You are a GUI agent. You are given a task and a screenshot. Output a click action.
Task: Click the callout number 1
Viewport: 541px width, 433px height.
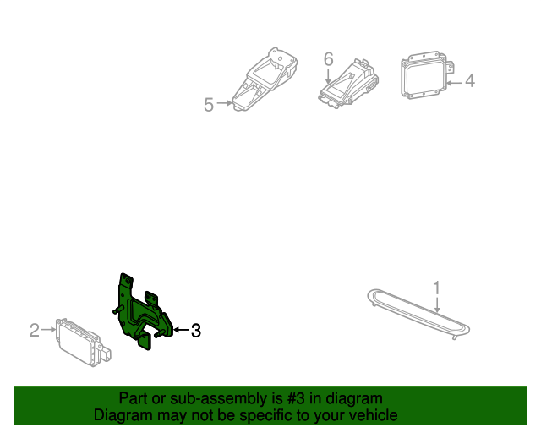coord(436,288)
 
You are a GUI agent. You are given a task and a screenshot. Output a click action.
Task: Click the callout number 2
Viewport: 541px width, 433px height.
coord(35,330)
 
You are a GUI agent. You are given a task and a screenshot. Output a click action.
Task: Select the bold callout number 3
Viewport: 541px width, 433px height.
coord(195,331)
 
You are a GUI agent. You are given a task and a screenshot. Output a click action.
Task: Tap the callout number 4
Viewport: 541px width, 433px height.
coord(469,81)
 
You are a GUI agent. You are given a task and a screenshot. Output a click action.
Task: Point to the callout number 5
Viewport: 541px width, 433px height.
coord(209,104)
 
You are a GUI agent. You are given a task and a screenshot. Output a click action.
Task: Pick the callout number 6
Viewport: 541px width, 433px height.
coord(329,58)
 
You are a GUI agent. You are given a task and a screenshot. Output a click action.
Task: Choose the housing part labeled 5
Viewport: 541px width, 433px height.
coord(265,82)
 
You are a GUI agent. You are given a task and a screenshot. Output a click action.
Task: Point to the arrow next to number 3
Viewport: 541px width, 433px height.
coord(181,331)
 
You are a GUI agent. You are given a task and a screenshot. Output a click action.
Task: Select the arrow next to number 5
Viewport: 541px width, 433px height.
coord(225,104)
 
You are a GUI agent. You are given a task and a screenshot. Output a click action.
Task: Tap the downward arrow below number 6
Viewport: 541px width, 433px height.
coord(329,74)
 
